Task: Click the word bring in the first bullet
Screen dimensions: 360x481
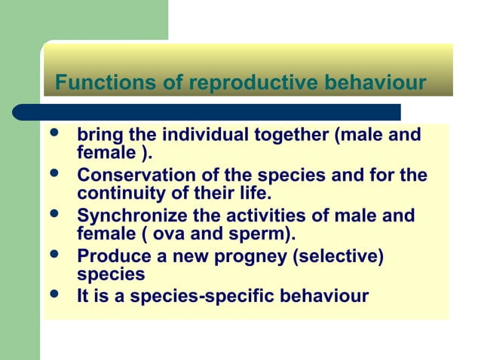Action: click(100, 136)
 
